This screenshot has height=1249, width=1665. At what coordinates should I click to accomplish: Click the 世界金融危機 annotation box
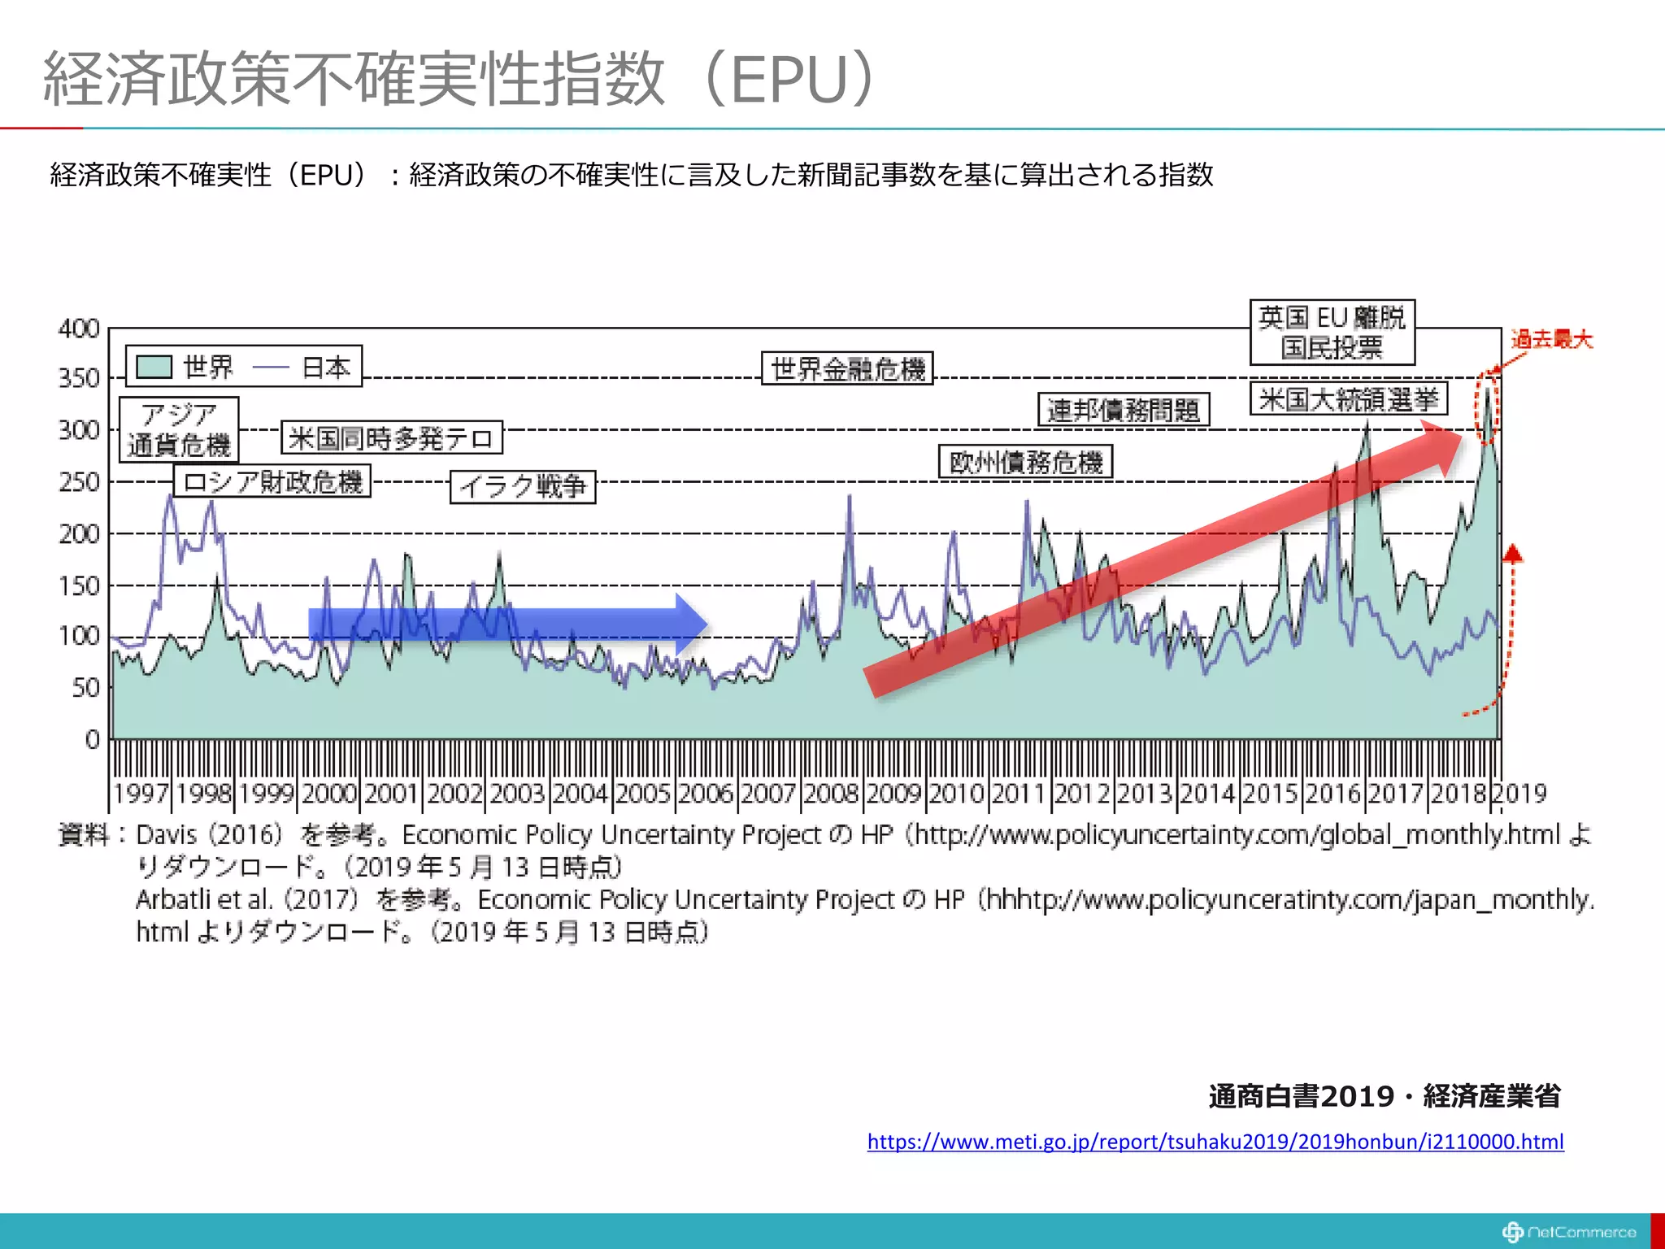click(x=846, y=369)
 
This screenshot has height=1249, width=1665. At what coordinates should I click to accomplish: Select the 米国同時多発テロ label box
click(x=391, y=438)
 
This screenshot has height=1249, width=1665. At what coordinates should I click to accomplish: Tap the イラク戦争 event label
click(x=523, y=487)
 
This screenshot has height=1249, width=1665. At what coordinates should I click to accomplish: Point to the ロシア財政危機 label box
click(x=272, y=481)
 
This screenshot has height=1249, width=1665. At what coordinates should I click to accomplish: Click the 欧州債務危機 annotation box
click(x=1025, y=462)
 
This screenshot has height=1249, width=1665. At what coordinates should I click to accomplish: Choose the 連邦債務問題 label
click(x=1124, y=410)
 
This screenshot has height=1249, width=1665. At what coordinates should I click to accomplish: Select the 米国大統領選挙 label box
click(x=1349, y=398)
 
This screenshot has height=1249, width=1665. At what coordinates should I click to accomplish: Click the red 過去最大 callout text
click(x=1551, y=339)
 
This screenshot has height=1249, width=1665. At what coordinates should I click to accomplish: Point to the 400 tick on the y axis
click(x=79, y=329)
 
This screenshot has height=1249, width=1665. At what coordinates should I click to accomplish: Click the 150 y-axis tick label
click(x=79, y=585)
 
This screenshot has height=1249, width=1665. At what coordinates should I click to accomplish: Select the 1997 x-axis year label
click(x=141, y=793)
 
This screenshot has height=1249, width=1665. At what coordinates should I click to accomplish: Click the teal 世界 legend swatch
click(x=154, y=367)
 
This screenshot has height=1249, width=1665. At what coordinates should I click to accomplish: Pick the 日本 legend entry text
click(x=326, y=368)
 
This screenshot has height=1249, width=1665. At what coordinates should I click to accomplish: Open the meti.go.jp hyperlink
click(x=1215, y=1142)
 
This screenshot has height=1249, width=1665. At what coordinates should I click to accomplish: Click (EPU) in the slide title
click(x=790, y=79)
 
